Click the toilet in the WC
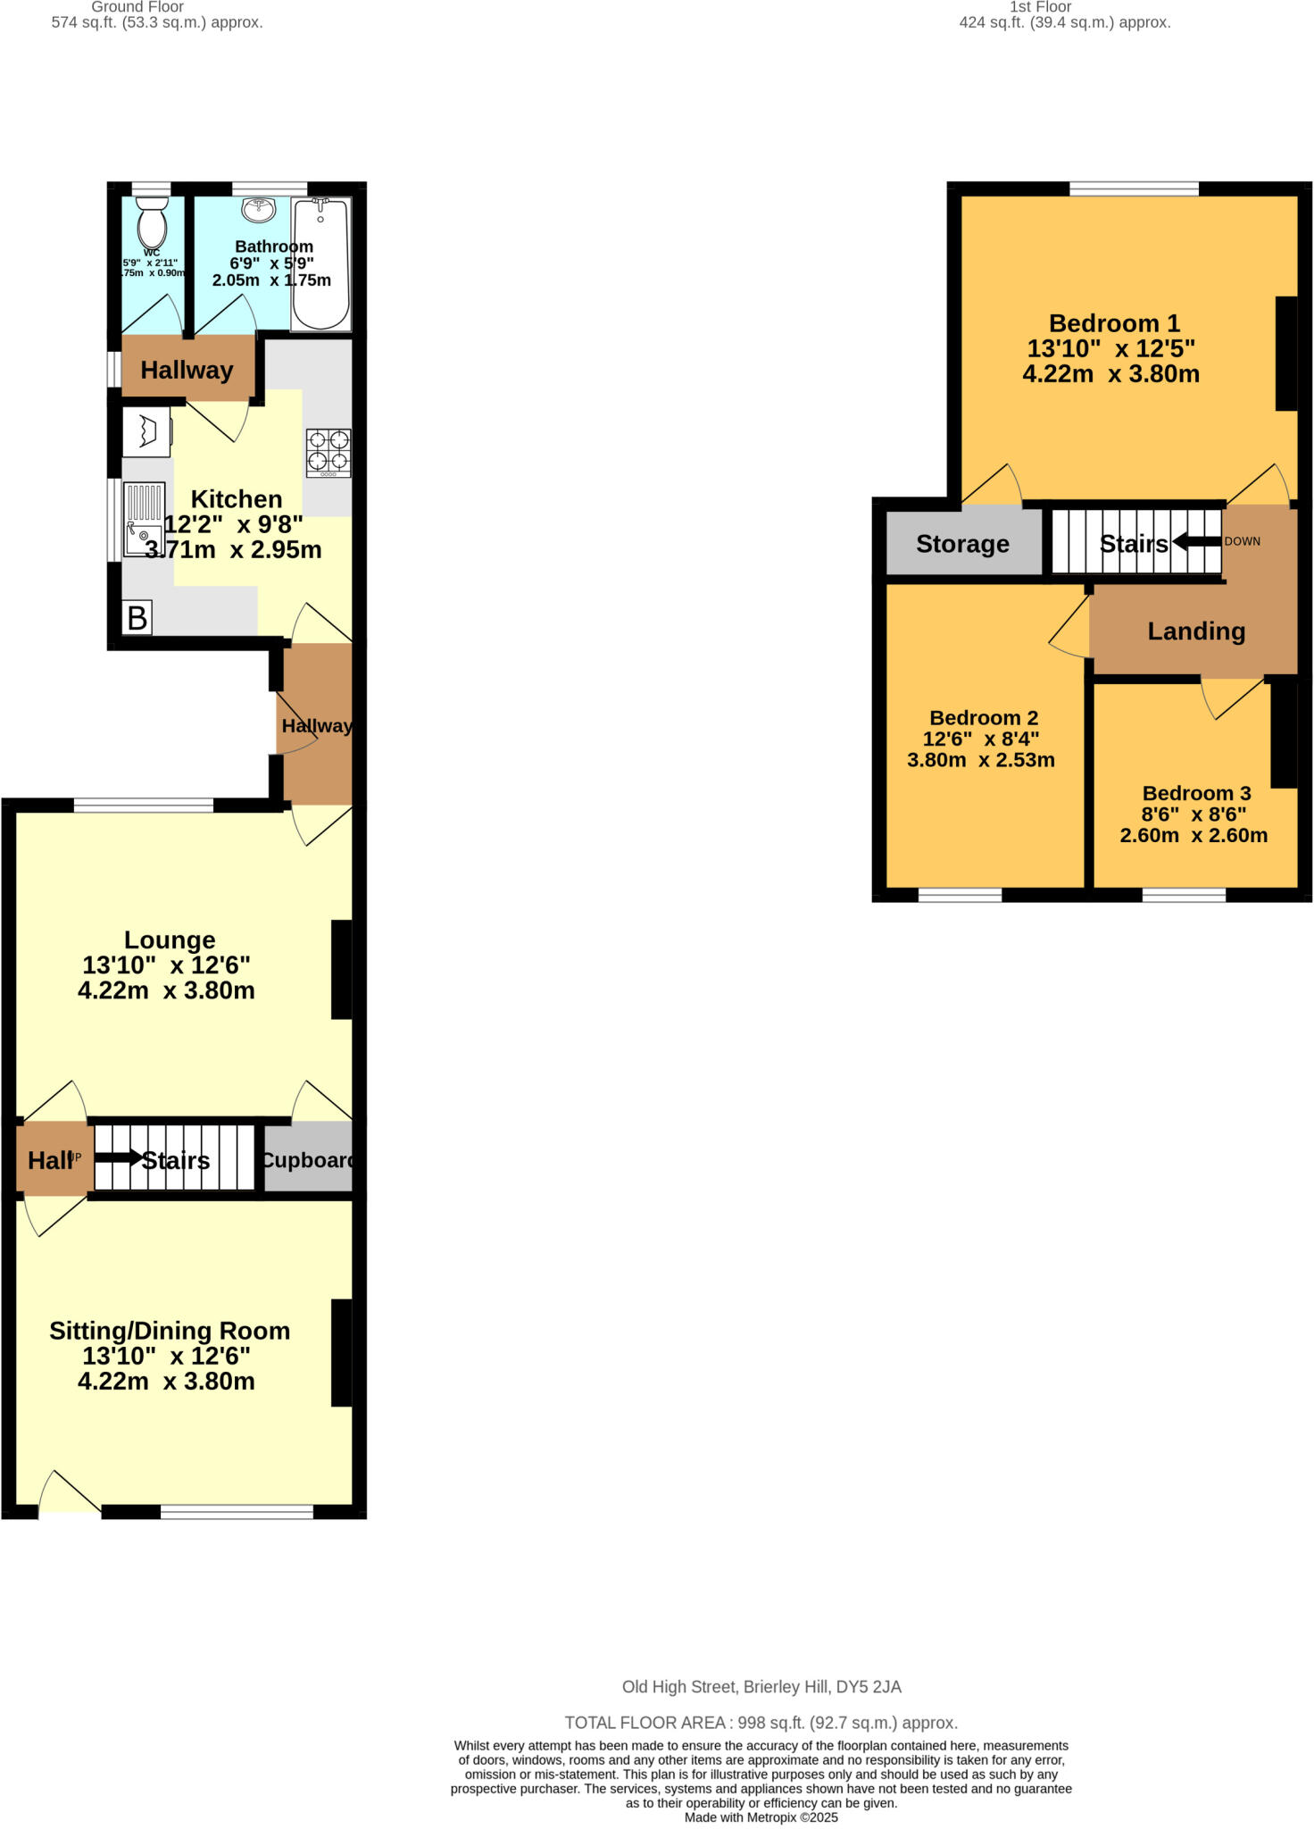pos(153,222)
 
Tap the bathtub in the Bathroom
pos(321,263)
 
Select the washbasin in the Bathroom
pos(259,210)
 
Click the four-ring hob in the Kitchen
pos(328,452)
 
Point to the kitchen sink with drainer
pos(144,520)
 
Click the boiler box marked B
pos(137,618)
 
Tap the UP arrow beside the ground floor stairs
pos(117,1158)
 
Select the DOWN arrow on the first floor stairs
pos(1196,541)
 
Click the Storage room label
pos(962,544)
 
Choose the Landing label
pos(1195,631)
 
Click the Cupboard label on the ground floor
pos(308,1160)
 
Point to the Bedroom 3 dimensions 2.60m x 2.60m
pos(1193,836)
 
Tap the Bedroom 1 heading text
pos(1114,323)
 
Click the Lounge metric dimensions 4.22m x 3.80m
pos(166,990)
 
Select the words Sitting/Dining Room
pos(170,1331)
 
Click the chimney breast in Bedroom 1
pos(1285,354)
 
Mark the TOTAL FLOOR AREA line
pos(761,1723)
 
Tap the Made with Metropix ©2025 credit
pos(761,1817)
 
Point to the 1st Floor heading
pos(1040,7)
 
